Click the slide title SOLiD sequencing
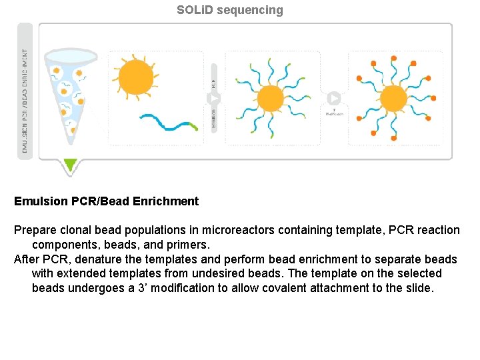click(229, 10)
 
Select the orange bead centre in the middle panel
click(269, 98)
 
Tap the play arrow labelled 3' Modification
click(334, 99)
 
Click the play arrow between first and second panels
click(214, 98)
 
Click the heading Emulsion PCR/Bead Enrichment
click(107, 201)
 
